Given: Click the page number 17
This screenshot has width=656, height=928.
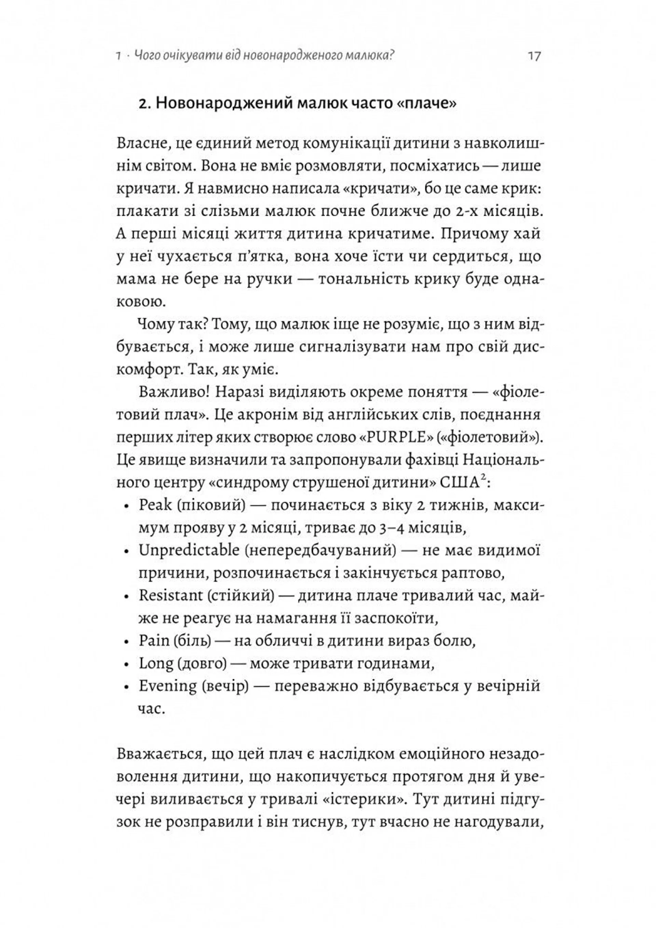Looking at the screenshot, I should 534,55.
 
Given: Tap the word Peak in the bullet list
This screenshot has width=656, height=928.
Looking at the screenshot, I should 155,506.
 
